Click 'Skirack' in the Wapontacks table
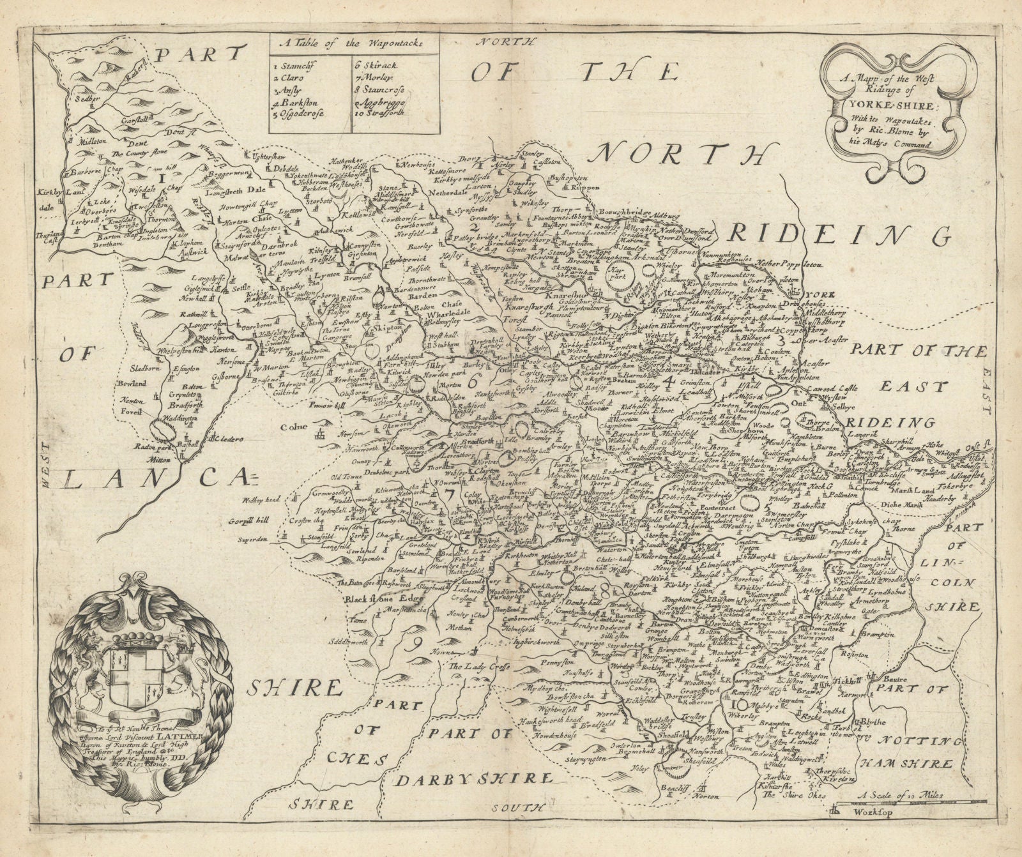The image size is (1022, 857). point(378,64)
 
